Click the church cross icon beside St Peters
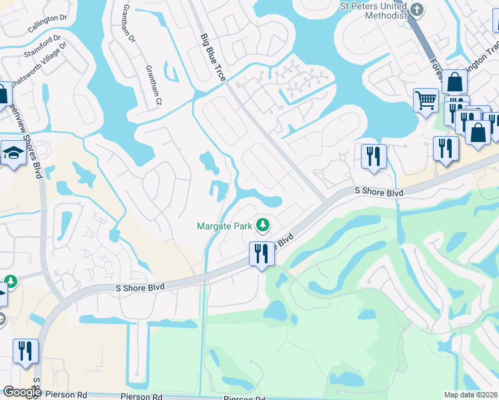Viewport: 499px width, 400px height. coord(418,9)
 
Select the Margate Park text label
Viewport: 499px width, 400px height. coord(225,226)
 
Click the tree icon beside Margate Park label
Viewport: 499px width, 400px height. coord(264,225)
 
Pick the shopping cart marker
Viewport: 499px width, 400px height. coord(425,101)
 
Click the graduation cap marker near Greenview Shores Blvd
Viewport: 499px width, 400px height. coord(13,154)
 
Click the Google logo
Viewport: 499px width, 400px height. coord(22,392)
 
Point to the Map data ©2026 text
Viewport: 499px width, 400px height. coord(470,395)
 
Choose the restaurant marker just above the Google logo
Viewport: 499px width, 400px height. coord(25,351)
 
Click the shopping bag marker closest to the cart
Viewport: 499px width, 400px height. coord(454,83)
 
